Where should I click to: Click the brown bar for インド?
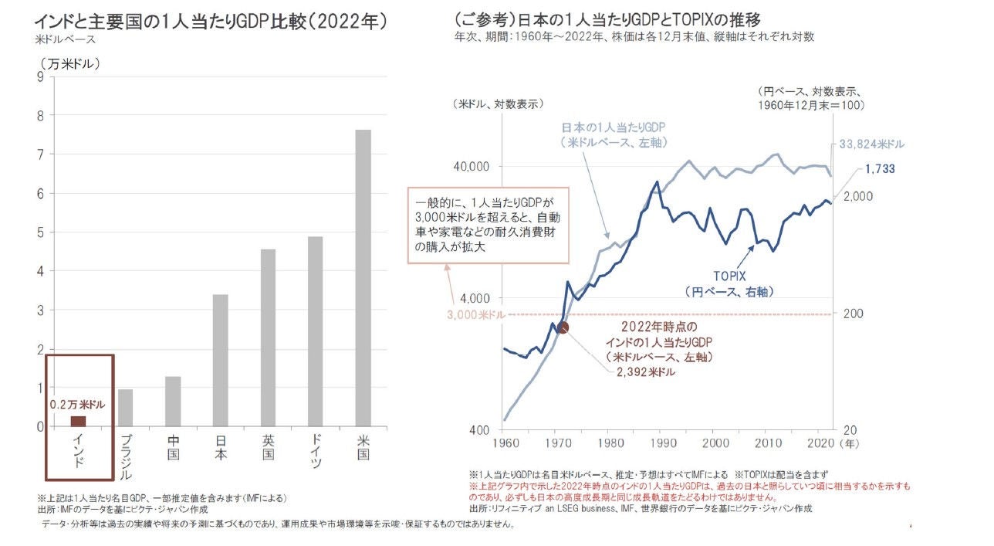click(78, 421)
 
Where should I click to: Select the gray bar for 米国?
click(363, 278)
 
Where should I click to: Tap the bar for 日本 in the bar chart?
click(220, 360)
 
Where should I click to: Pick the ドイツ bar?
click(315, 331)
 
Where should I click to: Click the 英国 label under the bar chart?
click(267, 447)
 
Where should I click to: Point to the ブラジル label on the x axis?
click(126, 457)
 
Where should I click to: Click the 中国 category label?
click(173, 447)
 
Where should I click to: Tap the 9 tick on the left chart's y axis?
click(39, 76)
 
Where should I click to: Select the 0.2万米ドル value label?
click(77, 404)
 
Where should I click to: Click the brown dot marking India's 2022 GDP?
click(563, 327)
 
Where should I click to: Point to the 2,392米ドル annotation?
click(646, 372)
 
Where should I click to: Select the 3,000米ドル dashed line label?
click(476, 314)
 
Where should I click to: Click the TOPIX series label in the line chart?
click(728, 276)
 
